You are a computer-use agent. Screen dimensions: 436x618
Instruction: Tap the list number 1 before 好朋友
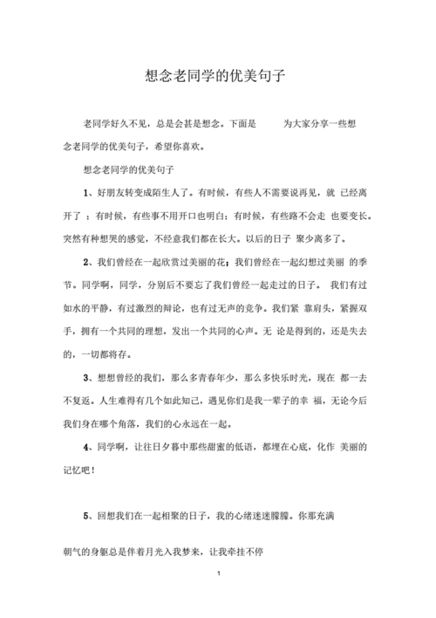coord(86,191)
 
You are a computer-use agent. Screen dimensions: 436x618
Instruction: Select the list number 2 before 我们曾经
coord(86,262)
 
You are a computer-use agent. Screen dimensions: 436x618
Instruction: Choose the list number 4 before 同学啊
coord(86,447)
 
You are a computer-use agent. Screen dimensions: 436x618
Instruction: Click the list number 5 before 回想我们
coord(86,517)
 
